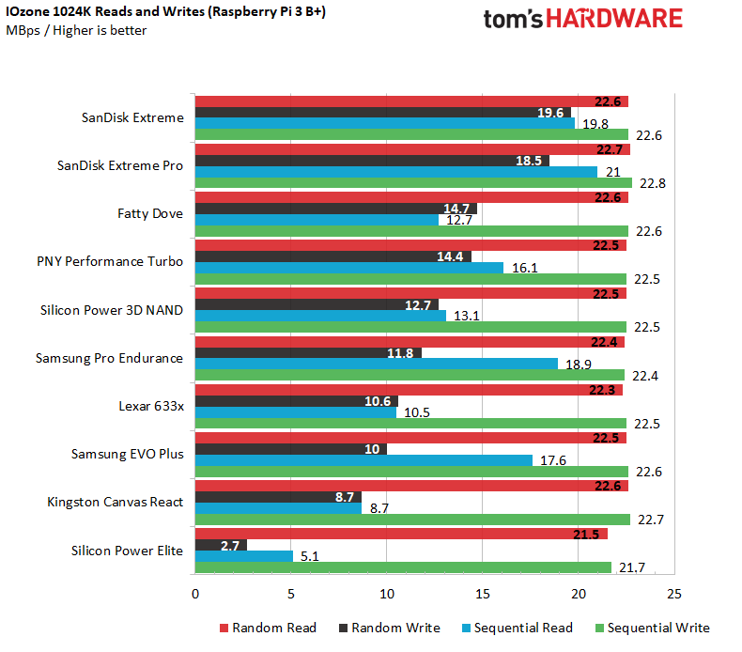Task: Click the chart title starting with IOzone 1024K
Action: (x=166, y=12)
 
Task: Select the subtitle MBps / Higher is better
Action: (x=77, y=30)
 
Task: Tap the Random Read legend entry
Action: (x=268, y=628)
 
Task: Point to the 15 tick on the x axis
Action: (x=482, y=594)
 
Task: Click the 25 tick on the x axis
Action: (x=672, y=594)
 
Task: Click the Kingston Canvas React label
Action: (x=116, y=502)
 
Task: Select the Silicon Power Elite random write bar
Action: (x=221, y=544)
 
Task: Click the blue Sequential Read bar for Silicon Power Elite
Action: (x=243, y=556)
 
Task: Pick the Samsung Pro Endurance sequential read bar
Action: (x=376, y=365)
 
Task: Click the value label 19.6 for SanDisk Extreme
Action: (x=549, y=113)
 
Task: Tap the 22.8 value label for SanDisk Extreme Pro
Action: (x=652, y=184)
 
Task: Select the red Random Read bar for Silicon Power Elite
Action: (x=401, y=533)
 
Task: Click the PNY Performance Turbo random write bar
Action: (x=332, y=256)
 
